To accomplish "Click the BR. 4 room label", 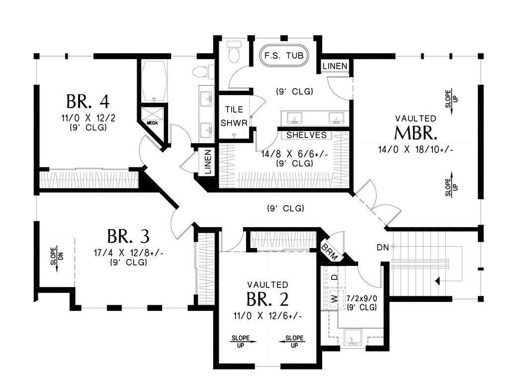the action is coord(87,101).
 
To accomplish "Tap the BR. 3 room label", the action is coord(128,237).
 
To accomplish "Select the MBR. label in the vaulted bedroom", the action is coord(416,132).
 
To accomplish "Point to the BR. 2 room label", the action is coord(267,299).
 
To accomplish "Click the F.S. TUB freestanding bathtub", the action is coord(284,56).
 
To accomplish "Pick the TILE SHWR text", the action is coord(234,116).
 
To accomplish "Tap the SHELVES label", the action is coord(306,135).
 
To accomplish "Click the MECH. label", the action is coord(152,123).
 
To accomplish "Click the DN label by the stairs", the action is coord(383,248).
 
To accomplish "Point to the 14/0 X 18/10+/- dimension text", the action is coord(416,149).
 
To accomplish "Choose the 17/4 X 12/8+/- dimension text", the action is coord(129,253).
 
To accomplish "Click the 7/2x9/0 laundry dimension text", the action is coord(362,298).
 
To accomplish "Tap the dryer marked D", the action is coord(334,277).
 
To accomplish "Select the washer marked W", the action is coord(334,298).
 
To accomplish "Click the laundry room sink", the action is coord(353,337).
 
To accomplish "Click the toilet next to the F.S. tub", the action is coord(234,51).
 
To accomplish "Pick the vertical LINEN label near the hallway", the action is coord(208,162).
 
